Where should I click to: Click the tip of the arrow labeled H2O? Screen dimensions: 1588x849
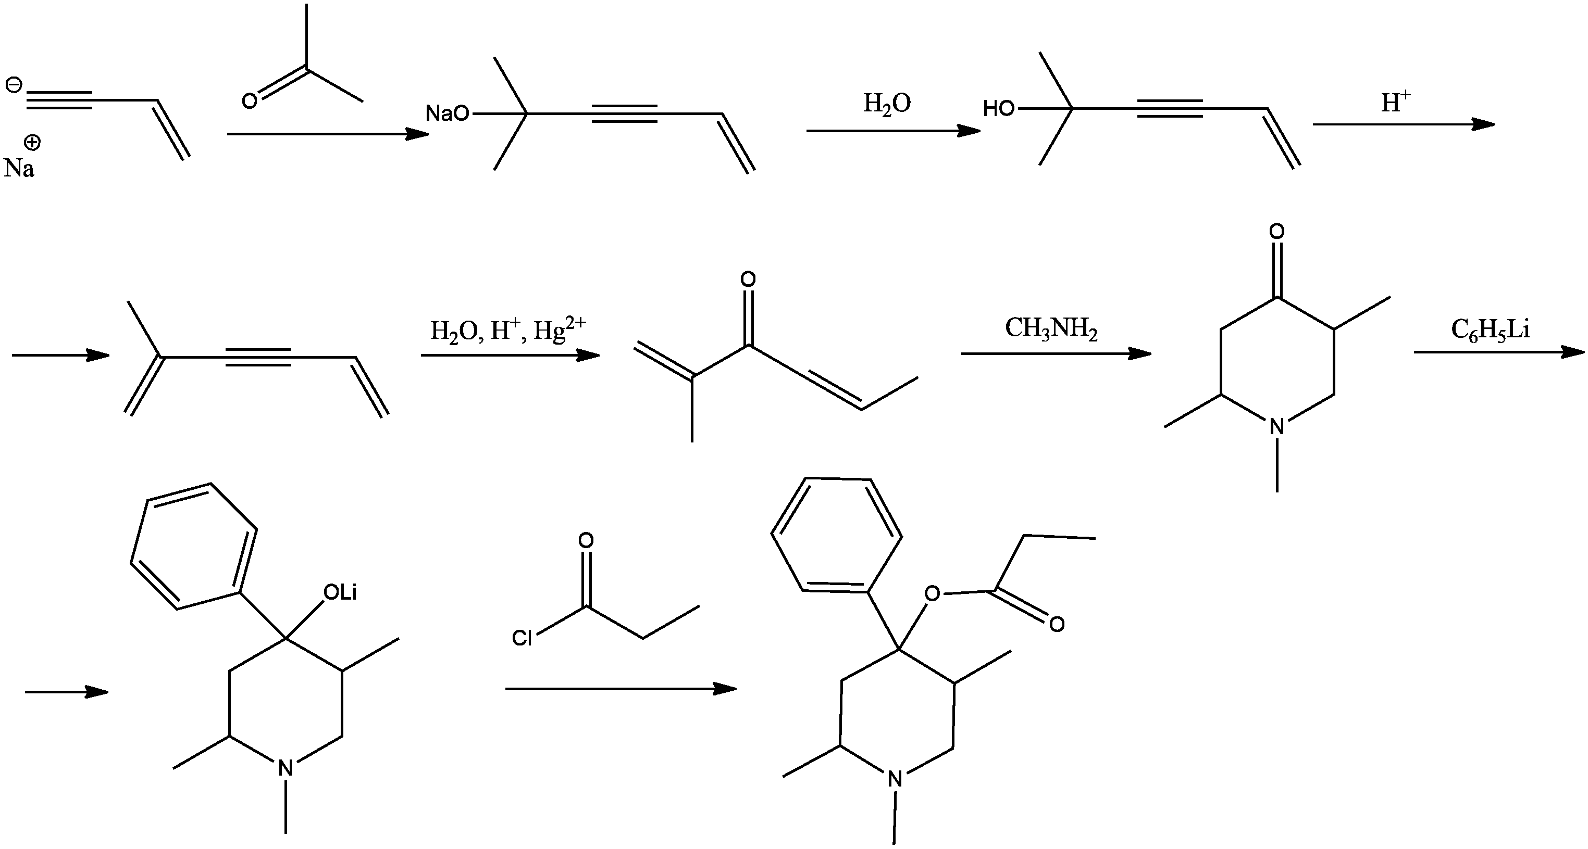coord(980,131)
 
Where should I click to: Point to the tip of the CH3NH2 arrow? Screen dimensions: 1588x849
coord(1151,353)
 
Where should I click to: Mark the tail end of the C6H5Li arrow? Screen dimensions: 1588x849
coord(1414,352)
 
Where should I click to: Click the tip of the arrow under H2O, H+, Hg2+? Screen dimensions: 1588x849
coord(599,355)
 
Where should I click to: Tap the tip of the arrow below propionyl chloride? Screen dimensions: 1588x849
coord(737,688)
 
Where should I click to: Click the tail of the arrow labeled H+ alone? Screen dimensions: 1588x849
coord(1313,124)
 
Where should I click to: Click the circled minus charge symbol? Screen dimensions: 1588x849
coord(13,84)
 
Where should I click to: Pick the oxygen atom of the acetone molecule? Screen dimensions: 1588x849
coord(249,101)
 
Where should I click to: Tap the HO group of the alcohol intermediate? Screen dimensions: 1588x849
coord(999,109)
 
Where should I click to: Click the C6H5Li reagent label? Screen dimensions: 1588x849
coord(1490,330)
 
